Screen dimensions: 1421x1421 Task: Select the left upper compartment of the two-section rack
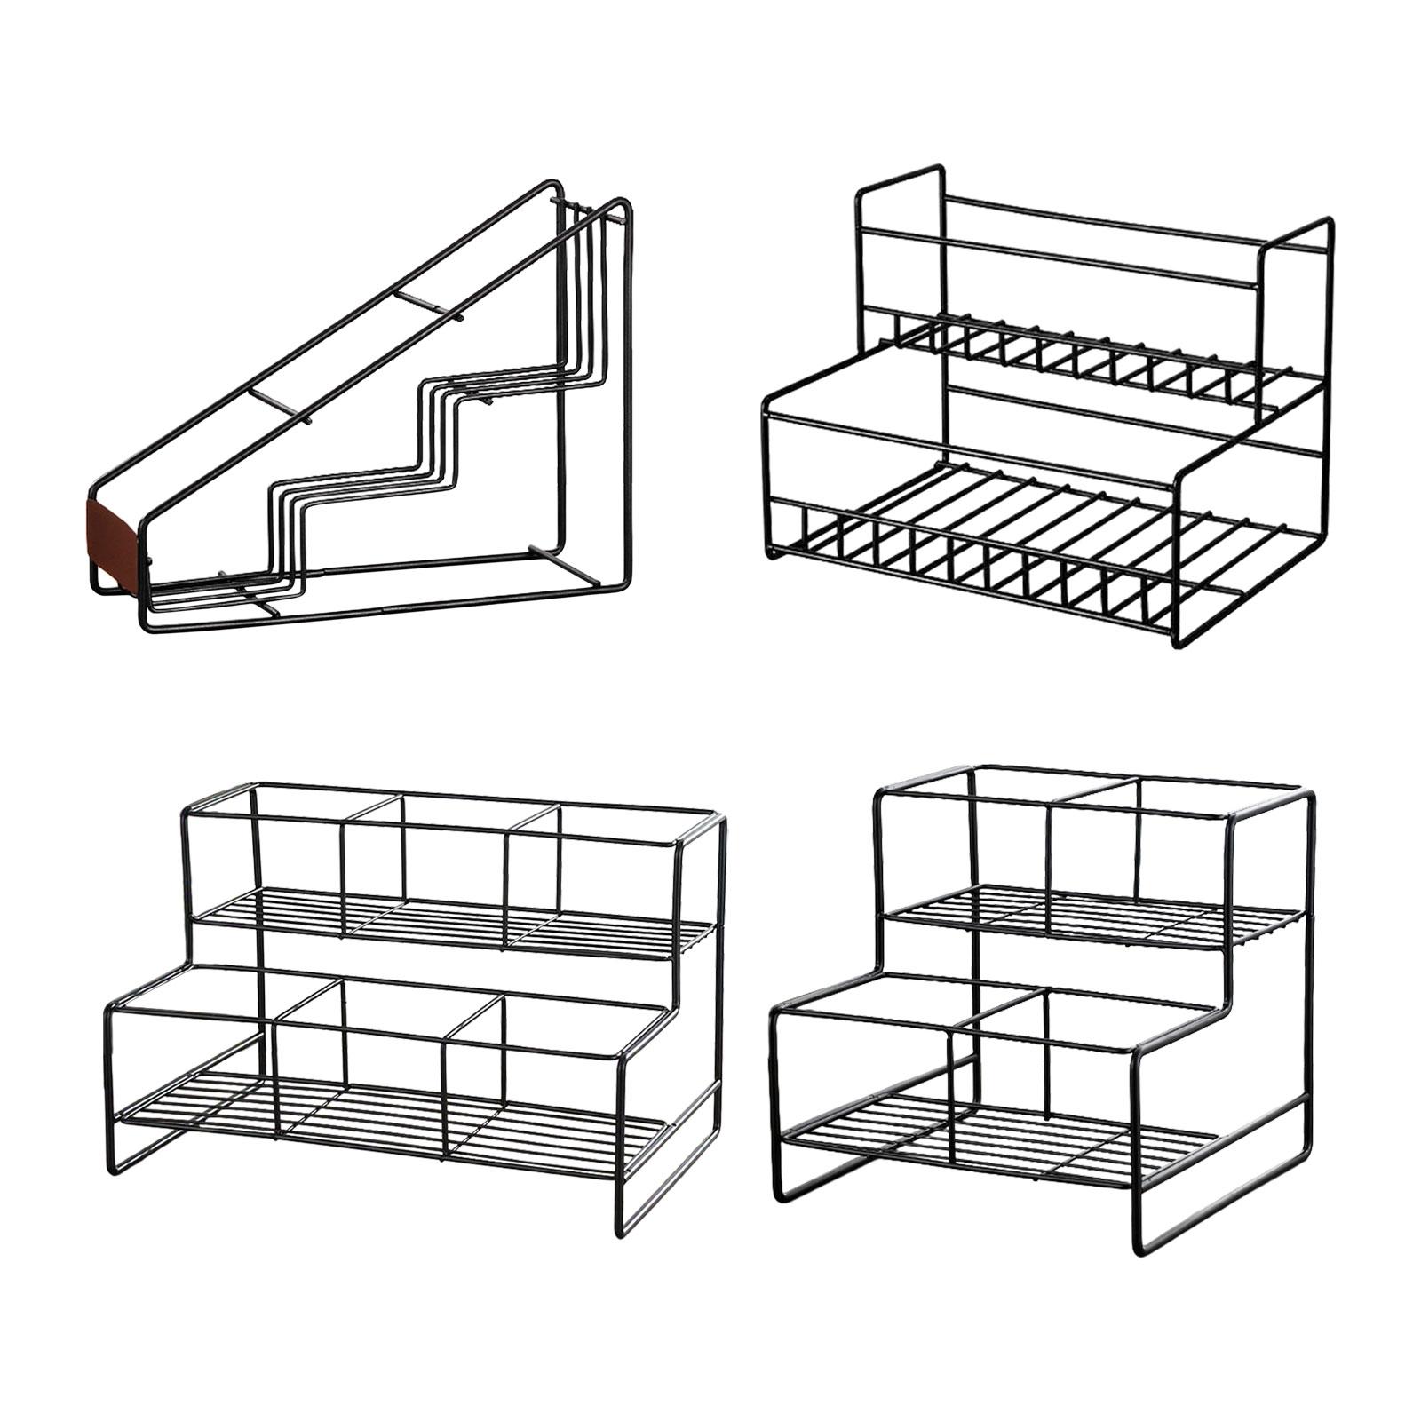coord(1012,853)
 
